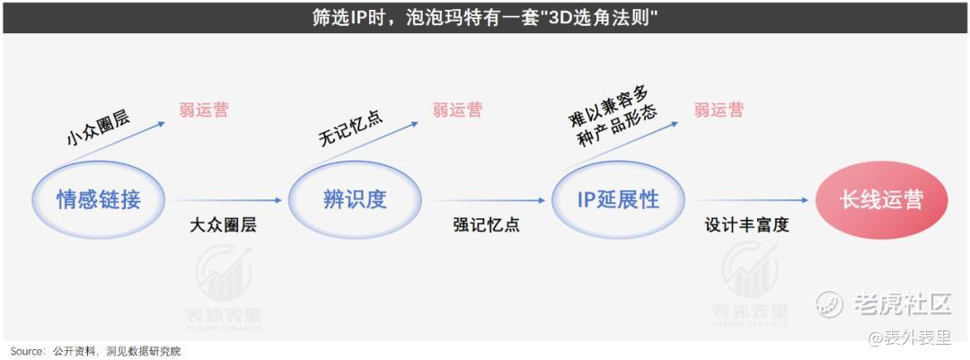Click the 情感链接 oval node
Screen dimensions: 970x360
pyautogui.click(x=99, y=200)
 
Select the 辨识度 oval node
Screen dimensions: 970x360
pyautogui.click(x=355, y=200)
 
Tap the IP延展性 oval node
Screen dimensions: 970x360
pyautogui.click(x=618, y=200)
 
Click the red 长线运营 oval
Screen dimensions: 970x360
pyautogui.click(x=881, y=200)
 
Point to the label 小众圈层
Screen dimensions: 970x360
pyautogui.click(x=98, y=128)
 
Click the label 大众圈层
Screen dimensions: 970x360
pyautogui.click(x=223, y=224)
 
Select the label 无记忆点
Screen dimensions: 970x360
pyautogui.click(x=351, y=128)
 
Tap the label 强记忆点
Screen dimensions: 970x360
pyautogui.click(x=486, y=224)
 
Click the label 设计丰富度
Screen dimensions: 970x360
pyautogui.click(x=747, y=224)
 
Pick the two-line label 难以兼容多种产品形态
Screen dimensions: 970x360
pyautogui.click(x=613, y=119)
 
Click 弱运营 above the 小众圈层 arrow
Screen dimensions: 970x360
pyautogui.click(x=204, y=110)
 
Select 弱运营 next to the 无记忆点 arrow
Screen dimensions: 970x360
pyautogui.click(x=457, y=110)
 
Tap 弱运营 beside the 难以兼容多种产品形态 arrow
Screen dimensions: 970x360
pyautogui.click(x=719, y=110)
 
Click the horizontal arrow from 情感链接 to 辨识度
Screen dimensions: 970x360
pyautogui.click(x=229, y=200)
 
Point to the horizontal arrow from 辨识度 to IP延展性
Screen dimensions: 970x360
pyautogui.click(x=489, y=200)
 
